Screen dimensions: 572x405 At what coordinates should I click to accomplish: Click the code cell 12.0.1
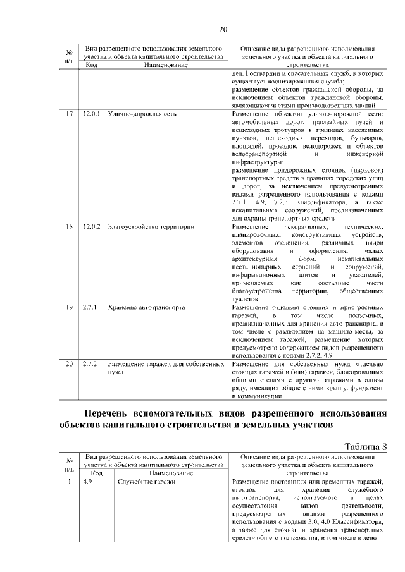(92, 114)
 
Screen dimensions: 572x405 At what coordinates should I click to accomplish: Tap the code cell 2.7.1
(89, 307)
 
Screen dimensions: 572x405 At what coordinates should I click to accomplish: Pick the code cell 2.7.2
(89, 364)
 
